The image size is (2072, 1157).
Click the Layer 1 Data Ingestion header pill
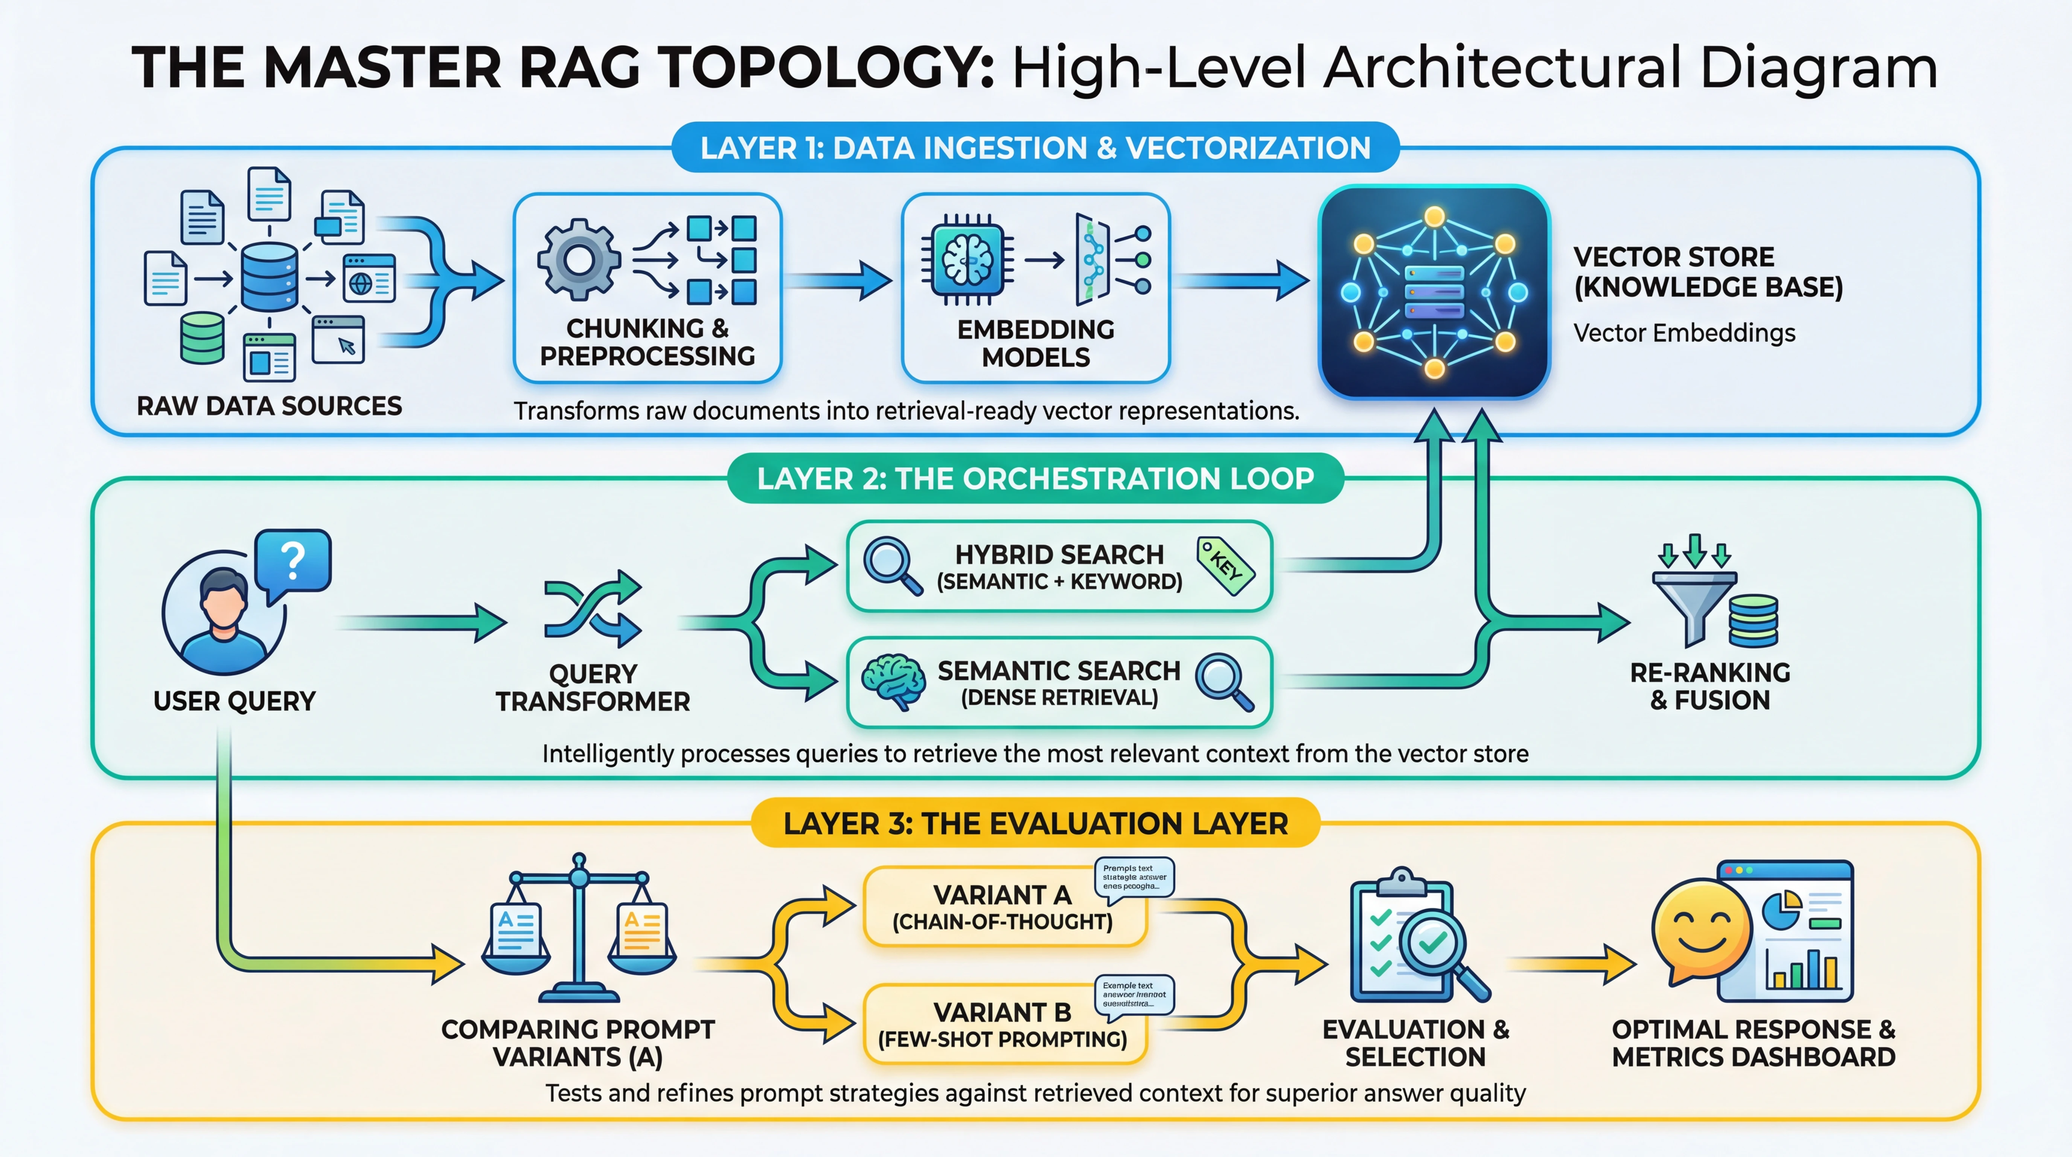coord(1035,148)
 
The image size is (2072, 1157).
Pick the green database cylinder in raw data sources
coord(202,338)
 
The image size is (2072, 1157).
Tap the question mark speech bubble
coord(293,561)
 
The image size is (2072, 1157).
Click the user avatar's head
coord(224,595)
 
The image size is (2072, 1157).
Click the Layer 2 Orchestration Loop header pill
coord(1035,479)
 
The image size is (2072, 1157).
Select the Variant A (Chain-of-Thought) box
coord(1003,907)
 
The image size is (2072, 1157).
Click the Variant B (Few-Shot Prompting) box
coord(1003,1024)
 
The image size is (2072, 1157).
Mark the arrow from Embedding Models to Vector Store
coord(1243,281)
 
